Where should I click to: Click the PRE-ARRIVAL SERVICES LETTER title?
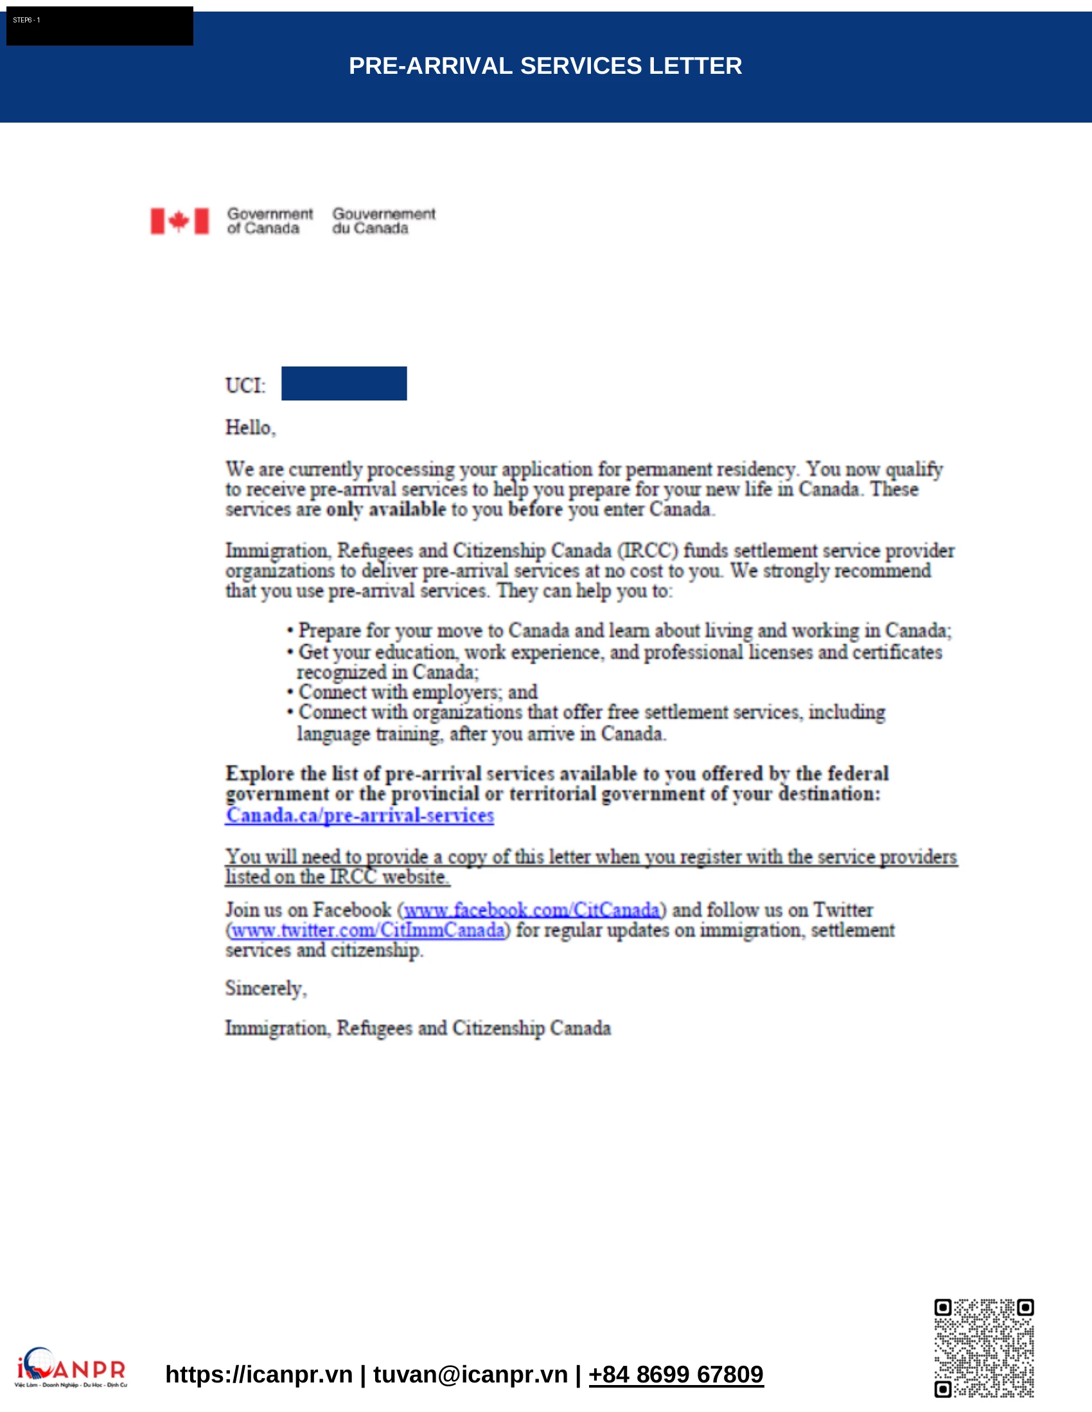545,66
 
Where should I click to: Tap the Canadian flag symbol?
179,221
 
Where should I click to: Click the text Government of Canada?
269,221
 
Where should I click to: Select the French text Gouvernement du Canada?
383,221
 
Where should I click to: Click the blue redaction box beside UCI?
344,383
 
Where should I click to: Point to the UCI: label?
245,386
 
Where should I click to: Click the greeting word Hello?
250,427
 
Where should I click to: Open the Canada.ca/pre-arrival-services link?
360,815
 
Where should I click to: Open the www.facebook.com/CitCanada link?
531,910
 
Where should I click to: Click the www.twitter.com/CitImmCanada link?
367,931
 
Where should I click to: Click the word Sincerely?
265,988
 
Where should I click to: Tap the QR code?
983,1348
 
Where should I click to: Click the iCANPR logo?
71,1368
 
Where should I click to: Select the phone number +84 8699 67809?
676,1374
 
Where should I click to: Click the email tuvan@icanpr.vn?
470,1374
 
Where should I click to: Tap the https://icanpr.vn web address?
259,1374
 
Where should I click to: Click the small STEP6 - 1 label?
26,20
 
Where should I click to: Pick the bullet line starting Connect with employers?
418,693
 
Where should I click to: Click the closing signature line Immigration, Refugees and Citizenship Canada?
418,1029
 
